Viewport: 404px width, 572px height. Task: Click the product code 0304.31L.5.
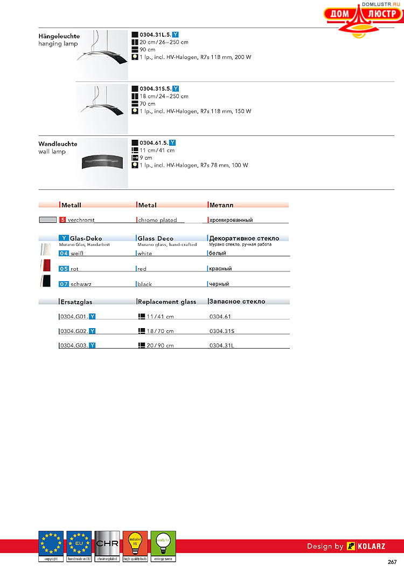click(x=155, y=34)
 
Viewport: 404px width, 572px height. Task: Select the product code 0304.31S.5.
click(x=155, y=88)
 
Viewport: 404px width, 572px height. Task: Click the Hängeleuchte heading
click(x=58, y=36)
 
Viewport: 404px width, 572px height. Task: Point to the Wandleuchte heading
click(x=58, y=144)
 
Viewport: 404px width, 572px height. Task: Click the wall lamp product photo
click(x=105, y=162)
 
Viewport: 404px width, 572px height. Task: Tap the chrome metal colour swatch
click(x=47, y=220)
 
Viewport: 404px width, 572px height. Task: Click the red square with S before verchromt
click(x=62, y=220)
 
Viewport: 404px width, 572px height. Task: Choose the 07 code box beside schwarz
click(x=64, y=284)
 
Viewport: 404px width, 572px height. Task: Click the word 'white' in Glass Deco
click(x=144, y=253)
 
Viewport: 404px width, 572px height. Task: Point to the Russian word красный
click(x=220, y=268)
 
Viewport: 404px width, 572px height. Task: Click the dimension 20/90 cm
click(x=160, y=345)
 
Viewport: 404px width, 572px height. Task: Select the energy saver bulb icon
click(x=163, y=546)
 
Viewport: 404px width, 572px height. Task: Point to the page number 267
click(x=392, y=562)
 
